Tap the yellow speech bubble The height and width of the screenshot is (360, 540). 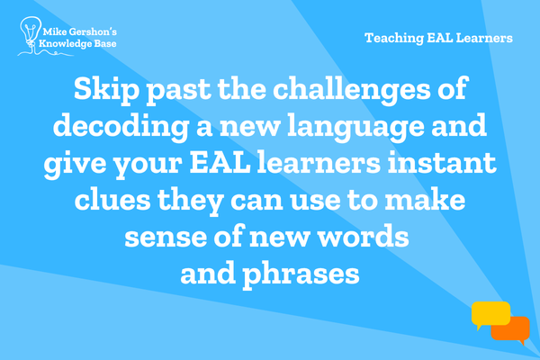pos(490,315)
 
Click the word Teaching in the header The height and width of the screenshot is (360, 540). pos(394,38)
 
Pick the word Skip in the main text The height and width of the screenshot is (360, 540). pos(107,90)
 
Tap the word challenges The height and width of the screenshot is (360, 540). pos(352,90)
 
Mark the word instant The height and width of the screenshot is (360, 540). pos(442,163)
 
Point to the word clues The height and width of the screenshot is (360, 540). pos(112,200)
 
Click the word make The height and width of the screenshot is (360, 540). pos(425,200)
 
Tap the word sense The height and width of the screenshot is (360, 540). pos(166,238)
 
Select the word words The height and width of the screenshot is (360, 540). pos(363,237)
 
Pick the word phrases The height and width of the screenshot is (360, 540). pos(301,275)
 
